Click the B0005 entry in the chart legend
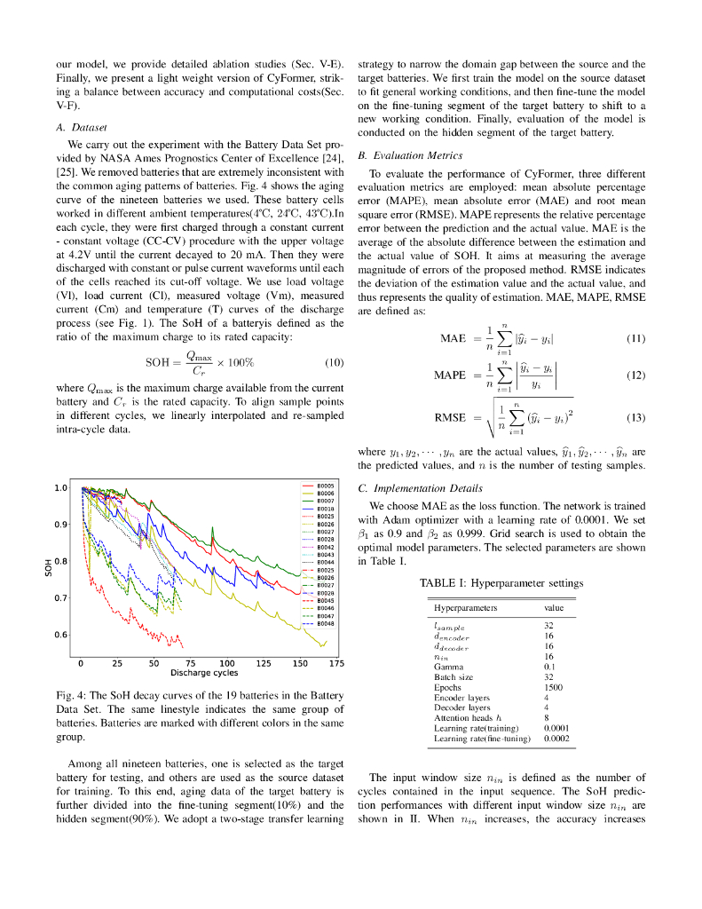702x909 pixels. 325,486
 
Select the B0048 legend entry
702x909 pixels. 325,623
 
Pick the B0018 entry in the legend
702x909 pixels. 325,509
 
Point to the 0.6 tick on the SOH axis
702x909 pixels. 60,635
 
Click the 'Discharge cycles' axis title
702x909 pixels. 203,673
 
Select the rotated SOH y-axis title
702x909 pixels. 49,565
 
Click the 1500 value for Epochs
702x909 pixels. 554,687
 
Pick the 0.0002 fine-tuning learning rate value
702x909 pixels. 556,738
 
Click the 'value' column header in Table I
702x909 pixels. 554,608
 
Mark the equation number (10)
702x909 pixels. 334,362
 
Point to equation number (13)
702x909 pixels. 635,417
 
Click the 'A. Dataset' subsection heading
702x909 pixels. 81,127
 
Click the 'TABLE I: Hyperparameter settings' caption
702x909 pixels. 501,583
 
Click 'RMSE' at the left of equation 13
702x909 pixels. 449,417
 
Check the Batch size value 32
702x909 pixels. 549,676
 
